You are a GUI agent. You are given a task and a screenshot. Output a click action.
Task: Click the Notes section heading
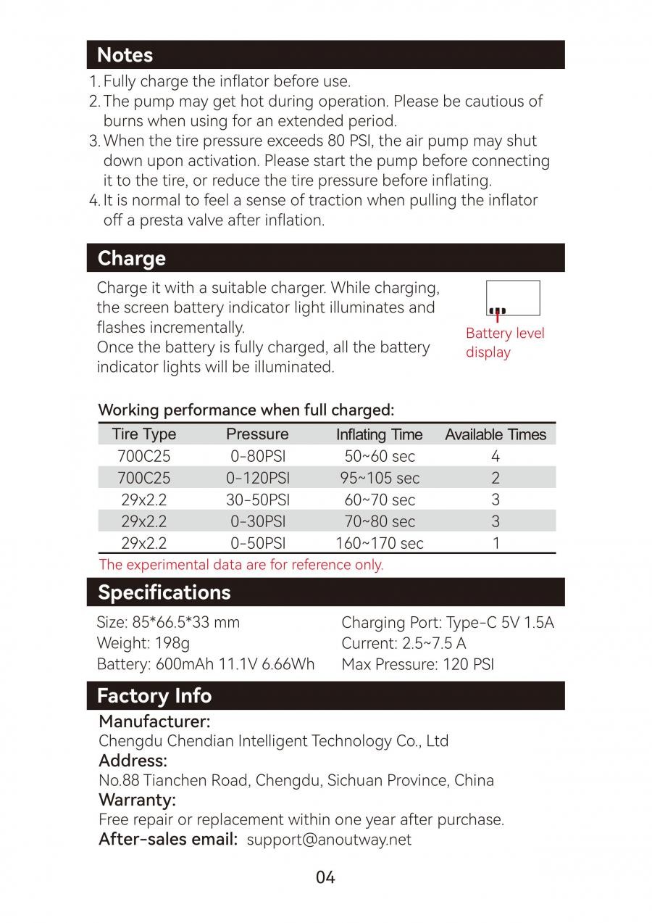tap(125, 55)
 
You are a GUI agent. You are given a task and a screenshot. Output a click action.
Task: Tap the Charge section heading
tap(131, 258)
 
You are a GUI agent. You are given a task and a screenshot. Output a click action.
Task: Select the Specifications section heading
tap(164, 592)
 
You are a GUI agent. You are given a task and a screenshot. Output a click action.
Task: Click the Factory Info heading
tap(154, 696)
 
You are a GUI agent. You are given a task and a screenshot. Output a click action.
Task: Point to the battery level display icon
tap(513, 298)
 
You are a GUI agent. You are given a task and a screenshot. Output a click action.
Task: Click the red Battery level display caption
tap(505, 343)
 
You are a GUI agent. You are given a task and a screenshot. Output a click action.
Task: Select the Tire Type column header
tap(144, 434)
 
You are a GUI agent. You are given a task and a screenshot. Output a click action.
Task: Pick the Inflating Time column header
tap(379, 435)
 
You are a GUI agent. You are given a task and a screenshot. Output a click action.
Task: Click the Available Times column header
tap(496, 435)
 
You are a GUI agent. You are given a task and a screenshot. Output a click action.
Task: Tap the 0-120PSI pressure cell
tap(257, 478)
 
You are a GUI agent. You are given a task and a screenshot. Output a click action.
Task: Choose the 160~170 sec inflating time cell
tap(379, 543)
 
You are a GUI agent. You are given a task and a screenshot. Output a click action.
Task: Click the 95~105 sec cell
tap(380, 478)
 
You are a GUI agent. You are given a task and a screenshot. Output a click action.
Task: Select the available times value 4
tap(496, 456)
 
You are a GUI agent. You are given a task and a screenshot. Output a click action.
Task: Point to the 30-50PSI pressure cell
tap(257, 500)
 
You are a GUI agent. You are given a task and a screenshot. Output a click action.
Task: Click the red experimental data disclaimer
tap(241, 564)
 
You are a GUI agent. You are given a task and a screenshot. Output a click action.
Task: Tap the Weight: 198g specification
tap(143, 643)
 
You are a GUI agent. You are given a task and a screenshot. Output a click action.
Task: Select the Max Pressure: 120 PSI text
tap(418, 664)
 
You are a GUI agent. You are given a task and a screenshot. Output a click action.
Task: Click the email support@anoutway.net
tap(329, 840)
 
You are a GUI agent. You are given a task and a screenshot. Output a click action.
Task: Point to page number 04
tap(326, 878)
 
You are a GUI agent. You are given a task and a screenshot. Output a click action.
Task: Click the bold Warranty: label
tap(138, 800)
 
